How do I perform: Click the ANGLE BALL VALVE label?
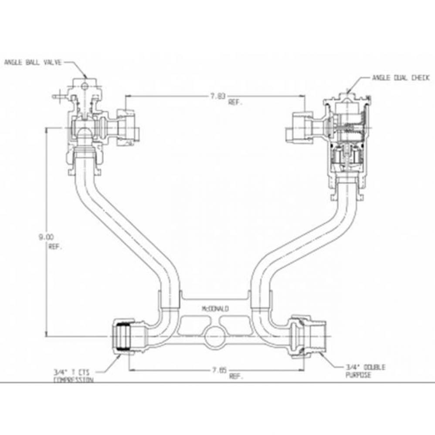click(33, 63)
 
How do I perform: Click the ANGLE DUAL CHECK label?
click(401, 78)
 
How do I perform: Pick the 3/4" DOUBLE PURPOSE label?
click(365, 371)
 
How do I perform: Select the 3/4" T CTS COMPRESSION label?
click(73, 375)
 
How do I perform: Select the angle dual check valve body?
click(347, 135)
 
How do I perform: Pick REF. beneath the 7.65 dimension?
click(235, 377)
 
